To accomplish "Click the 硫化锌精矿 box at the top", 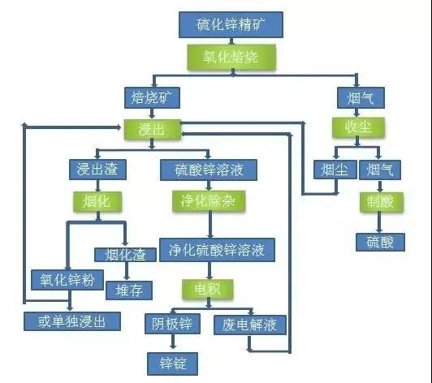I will [230, 24].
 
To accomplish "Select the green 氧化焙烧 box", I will [231, 57].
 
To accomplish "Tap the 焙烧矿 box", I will [150, 98].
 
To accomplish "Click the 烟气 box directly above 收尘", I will [355, 98].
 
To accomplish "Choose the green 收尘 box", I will [355, 128].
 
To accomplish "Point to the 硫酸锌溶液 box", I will [209, 170].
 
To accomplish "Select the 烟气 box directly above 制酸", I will [380, 170].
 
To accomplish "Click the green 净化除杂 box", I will [209, 199].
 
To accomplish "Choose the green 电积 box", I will [209, 288].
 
